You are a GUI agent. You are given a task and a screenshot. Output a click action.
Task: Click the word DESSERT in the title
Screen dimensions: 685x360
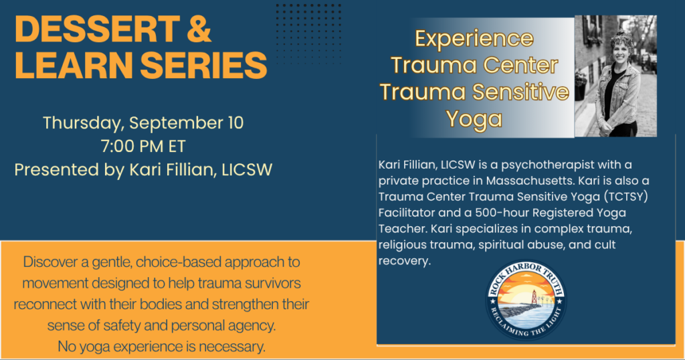pyautogui.click(x=98, y=29)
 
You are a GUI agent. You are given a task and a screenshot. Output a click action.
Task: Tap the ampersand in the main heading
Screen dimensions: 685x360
pyautogui.click(x=199, y=29)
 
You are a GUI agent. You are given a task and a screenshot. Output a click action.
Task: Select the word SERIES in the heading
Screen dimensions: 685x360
pyautogui.click(x=203, y=65)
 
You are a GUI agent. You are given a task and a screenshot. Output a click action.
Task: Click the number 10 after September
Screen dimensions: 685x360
pyautogui.click(x=235, y=122)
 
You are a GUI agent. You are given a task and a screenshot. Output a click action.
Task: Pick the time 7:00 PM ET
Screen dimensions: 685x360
pyautogui.click(x=143, y=147)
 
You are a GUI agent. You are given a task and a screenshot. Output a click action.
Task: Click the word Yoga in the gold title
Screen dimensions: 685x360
pyautogui.click(x=474, y=119)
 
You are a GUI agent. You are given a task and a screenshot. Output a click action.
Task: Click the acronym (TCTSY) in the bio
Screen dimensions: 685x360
pyautogui.click(x=626, y=197)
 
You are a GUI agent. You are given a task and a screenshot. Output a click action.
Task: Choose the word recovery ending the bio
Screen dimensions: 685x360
pyautogui.click(x=404, y=261)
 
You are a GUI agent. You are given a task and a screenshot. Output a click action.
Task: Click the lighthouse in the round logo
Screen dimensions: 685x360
pyautogui.click(x=533, y=298)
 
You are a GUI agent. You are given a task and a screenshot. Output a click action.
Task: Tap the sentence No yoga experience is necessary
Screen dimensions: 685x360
pyautogui.click(x=162, y=347)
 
